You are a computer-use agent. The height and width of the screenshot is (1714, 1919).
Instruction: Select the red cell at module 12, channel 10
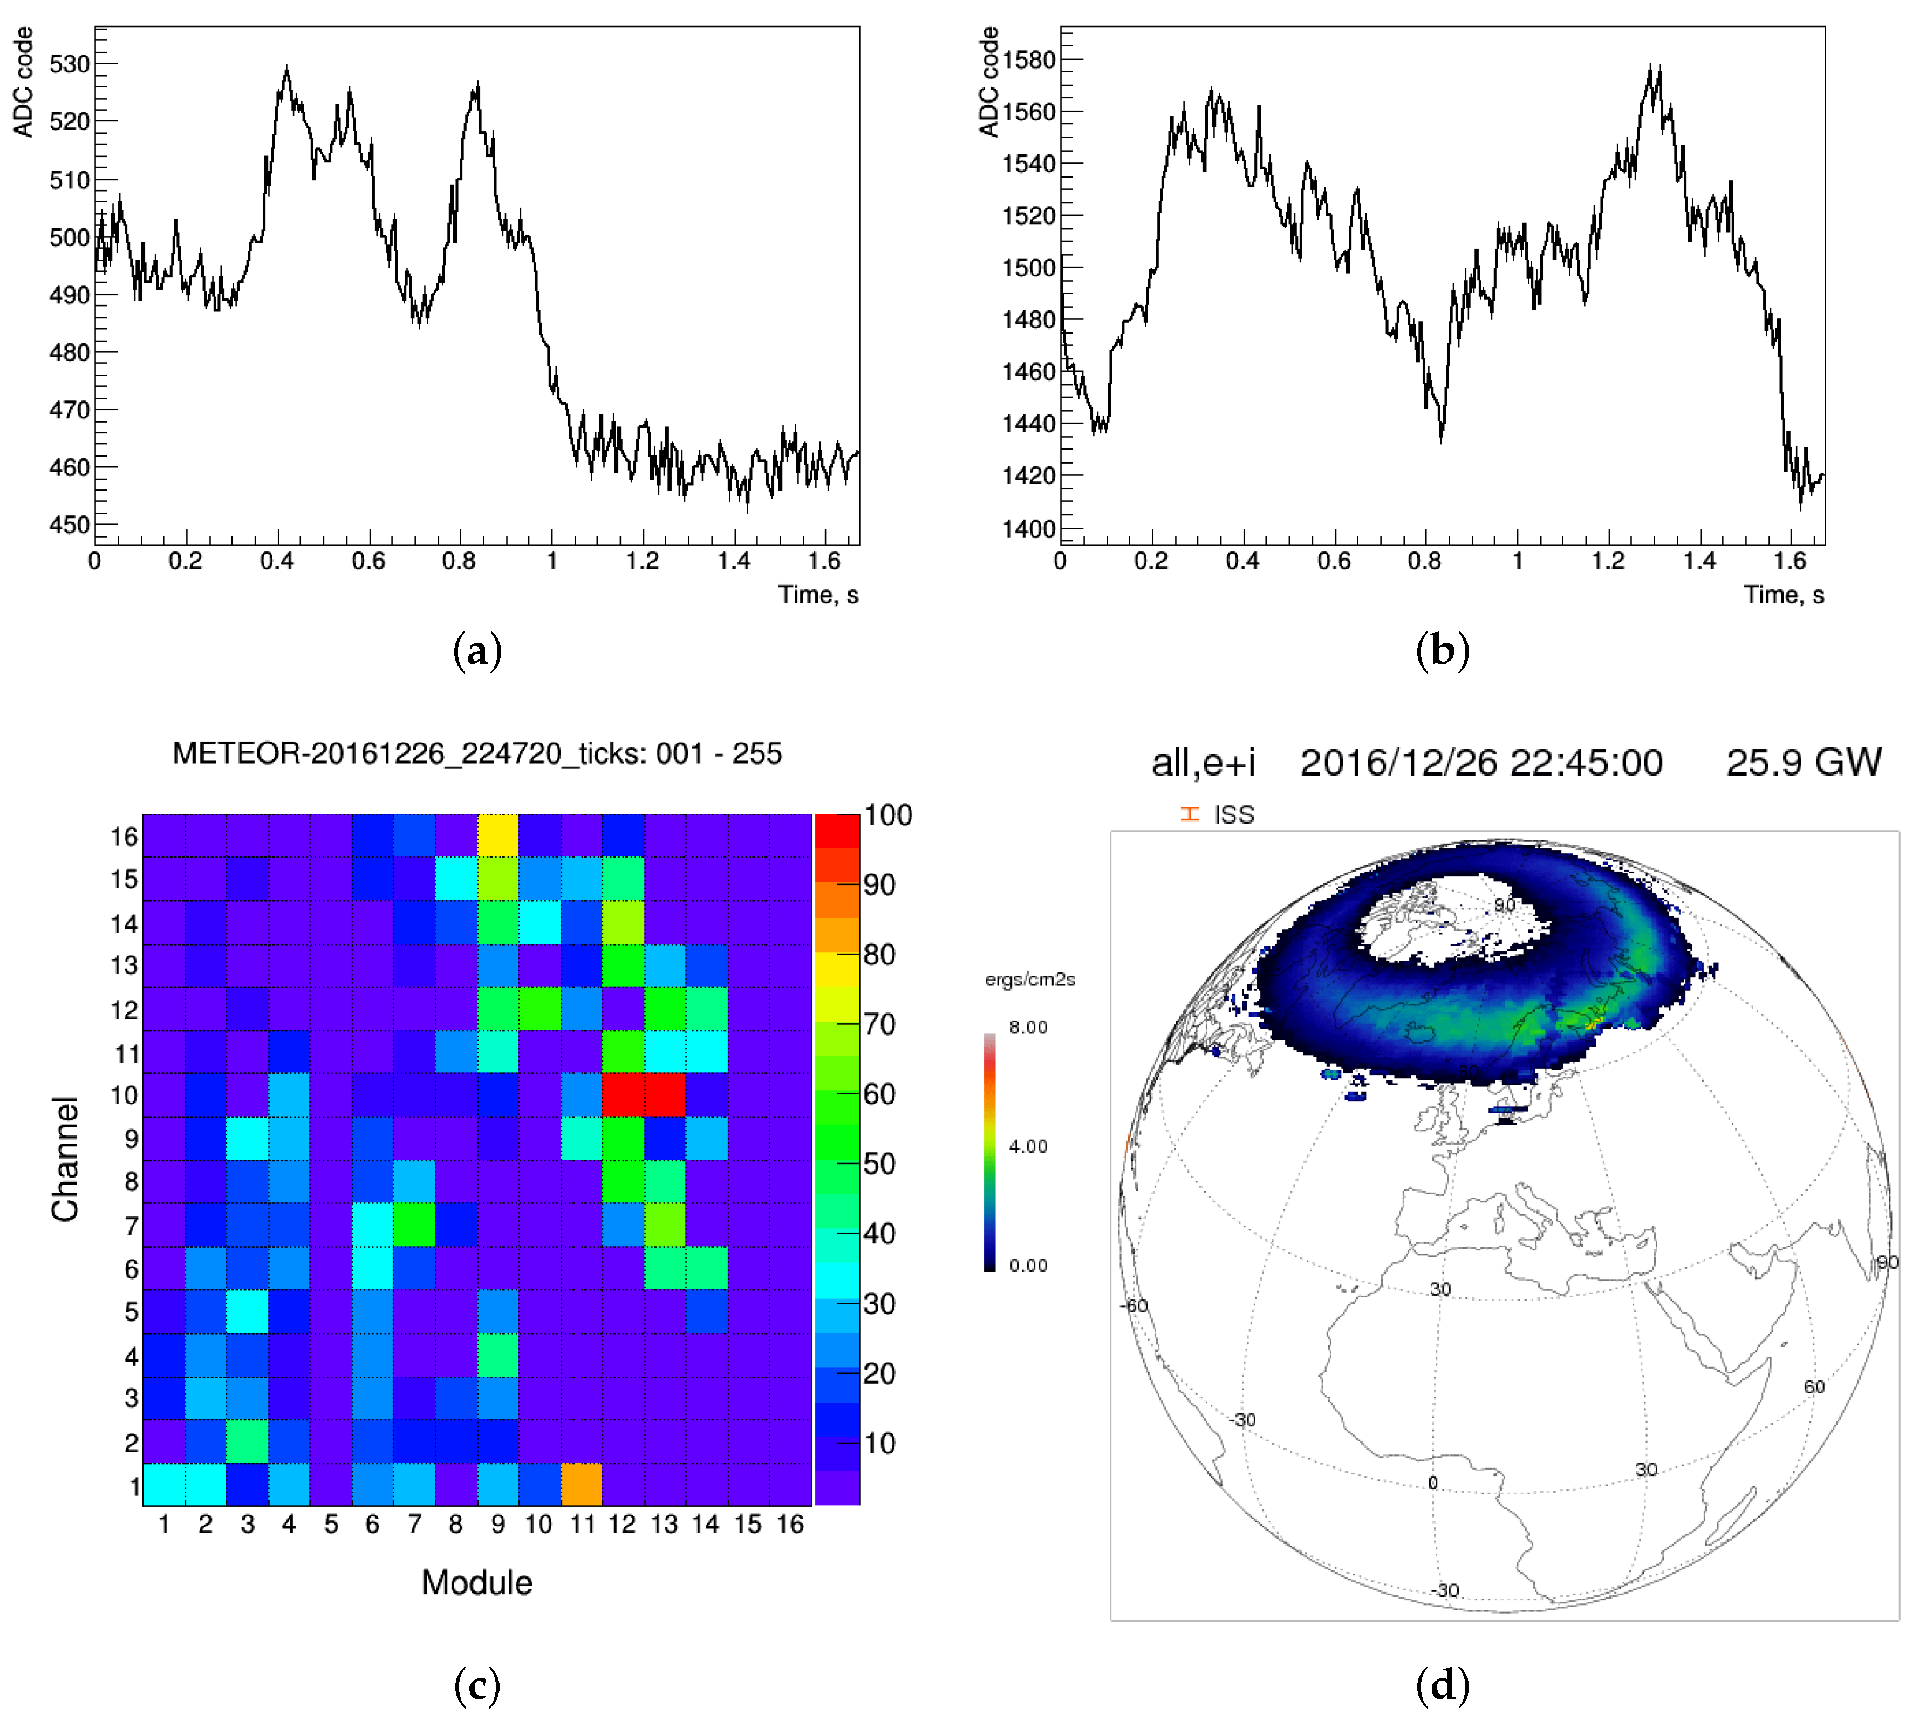click(x=623, y=1094)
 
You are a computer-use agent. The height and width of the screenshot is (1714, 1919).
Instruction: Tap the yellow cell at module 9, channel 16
click(x=497, y=834)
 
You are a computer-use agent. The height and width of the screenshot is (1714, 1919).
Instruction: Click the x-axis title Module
click(x=476, y=1582)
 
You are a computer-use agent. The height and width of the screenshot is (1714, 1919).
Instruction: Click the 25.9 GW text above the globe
click(x=1802, y=762)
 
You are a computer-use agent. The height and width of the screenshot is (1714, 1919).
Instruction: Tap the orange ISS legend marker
click(x=1189, y=814)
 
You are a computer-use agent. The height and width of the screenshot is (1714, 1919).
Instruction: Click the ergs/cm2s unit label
click(x=1029, y=980)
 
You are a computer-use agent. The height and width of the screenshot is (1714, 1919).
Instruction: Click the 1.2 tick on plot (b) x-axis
click(x=1608, y=561)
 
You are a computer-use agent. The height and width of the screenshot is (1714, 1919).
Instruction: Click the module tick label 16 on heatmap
click(x=789, y=1523)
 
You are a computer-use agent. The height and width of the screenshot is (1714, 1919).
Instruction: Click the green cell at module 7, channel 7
click(x=414, y=1225)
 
